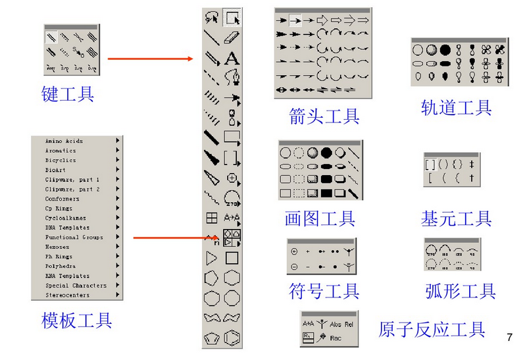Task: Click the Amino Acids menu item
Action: (64, 141)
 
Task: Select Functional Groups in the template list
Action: (74, 237)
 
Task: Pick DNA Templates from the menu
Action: (68, 228)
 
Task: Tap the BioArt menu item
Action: (55, 170)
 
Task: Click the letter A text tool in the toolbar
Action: (232, 59)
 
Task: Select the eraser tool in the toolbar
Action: (232, 38)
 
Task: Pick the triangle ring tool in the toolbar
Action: (212, 257)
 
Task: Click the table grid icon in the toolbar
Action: (212, 217)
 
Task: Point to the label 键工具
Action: (67, 94)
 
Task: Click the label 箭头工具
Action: (324, 116)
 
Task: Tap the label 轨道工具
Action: (456, 107)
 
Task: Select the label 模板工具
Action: (76, 321)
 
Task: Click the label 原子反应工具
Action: (432, 329)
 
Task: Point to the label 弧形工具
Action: (460, 291)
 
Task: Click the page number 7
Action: (509, 338)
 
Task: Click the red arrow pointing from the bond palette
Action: (150, 59)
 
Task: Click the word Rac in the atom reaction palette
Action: (336, 338)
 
